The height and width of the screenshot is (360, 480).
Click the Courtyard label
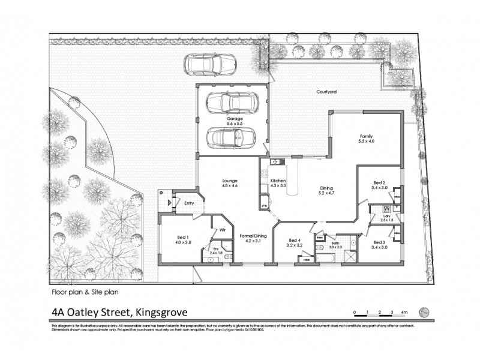point(327,92)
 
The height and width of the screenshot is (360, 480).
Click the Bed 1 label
point(182,239)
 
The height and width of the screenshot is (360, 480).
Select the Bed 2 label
point(379,185)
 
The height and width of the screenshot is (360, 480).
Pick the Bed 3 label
point(379,243)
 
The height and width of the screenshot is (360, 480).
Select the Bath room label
point(335,243)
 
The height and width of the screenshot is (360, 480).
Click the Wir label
point(221,229)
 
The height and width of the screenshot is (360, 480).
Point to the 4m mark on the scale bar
point(404,313)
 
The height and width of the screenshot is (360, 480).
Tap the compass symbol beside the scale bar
point(424,310)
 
